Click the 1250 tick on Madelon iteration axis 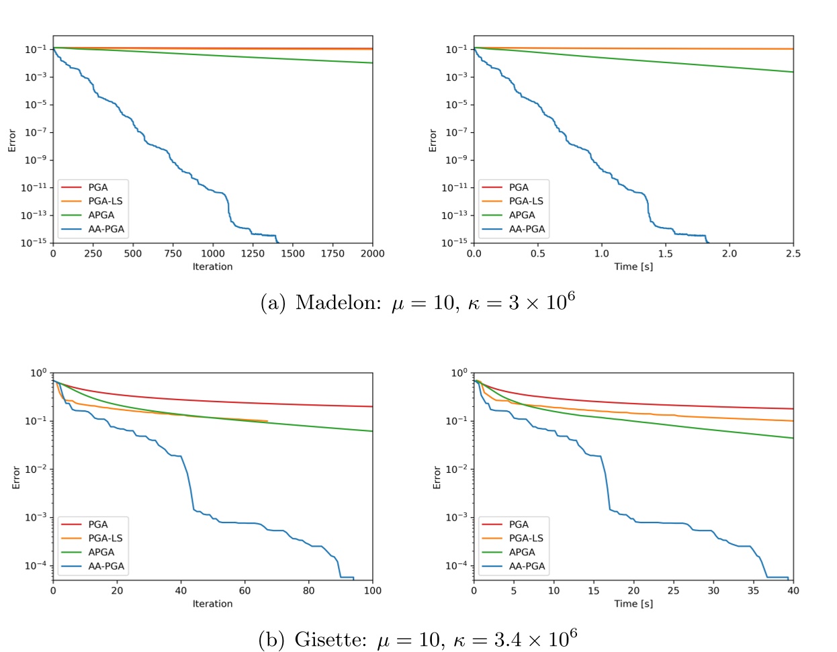[x=253, y=253]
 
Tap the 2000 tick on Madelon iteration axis [x=372, y=253]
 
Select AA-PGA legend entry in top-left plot [x=106, y=229]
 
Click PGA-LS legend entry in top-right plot [x=526, y=201]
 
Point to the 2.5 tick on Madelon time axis [x=793, y=253]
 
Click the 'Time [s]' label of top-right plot [x=633, y=267]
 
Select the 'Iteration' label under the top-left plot [x=212, y=267]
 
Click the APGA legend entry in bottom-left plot [x=101, y=552]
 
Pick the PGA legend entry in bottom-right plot [x=519, y=524]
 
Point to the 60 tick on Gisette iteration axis [x=245, y=590]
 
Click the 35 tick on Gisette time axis [x=753, y=590]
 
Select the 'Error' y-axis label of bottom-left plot [x=16, y=477]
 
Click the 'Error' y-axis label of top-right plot [x=433, y=140]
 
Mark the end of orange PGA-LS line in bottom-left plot [x=267, y=421]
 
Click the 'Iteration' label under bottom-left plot [x=212, y=604]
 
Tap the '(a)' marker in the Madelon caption [x=273, y=304]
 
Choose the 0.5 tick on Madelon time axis [x=537, y=253]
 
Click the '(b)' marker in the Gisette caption [x=272, y=641]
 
